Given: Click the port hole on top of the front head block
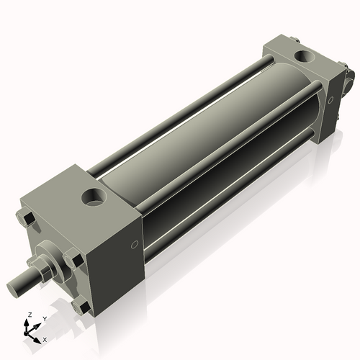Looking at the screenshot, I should point(94,195).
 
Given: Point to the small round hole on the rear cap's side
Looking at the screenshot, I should point(330,101).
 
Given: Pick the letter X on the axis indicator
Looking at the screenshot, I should point(45,338).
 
